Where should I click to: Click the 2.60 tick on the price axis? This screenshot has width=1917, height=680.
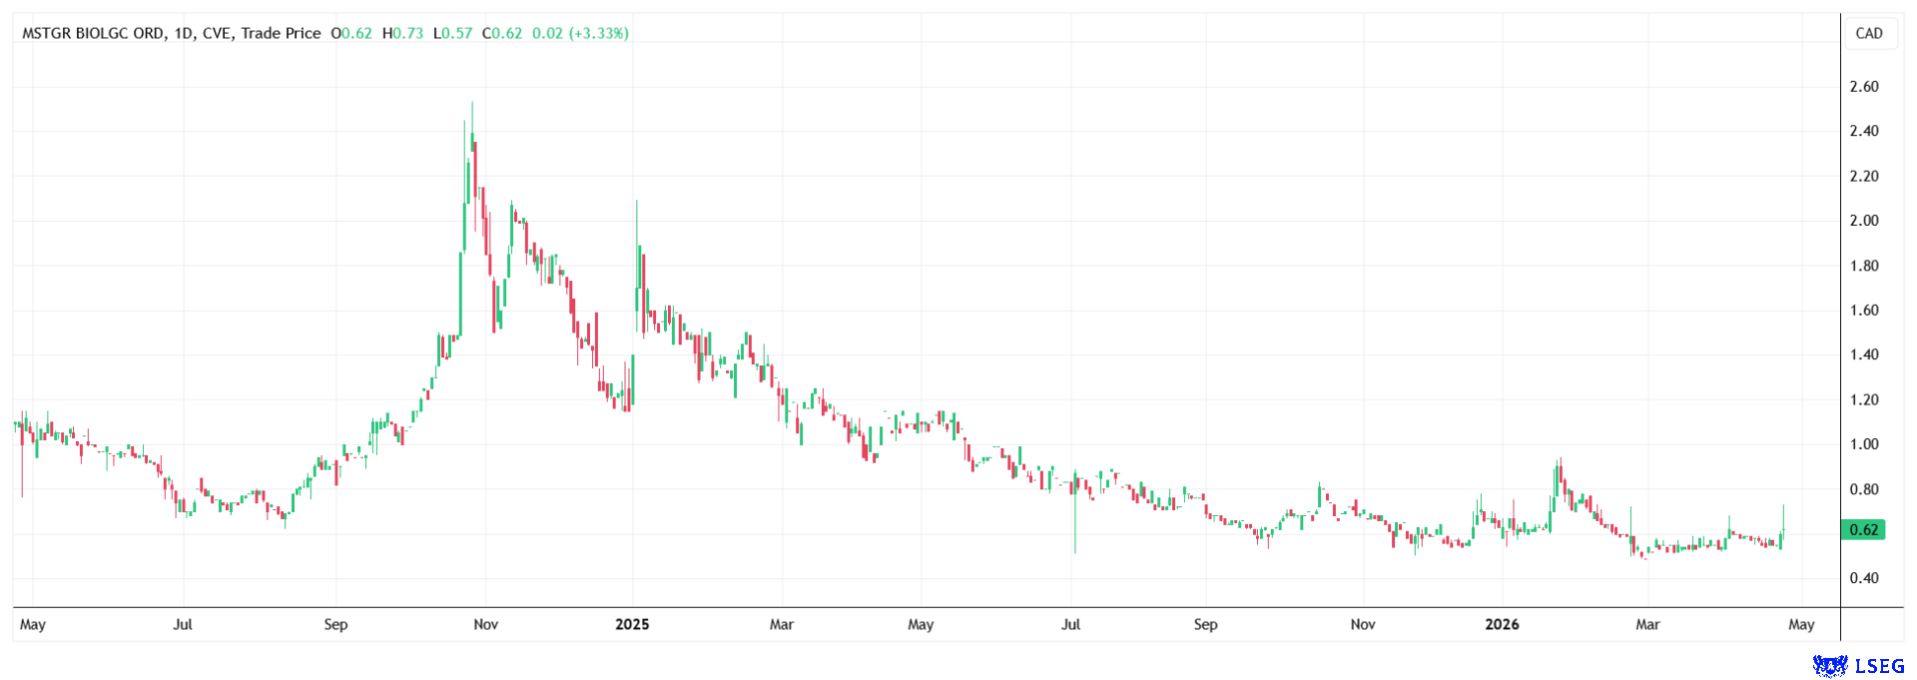pos(1863,87)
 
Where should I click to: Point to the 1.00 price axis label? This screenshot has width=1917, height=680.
pos(1863,444)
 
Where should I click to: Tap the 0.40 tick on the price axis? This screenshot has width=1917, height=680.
pos(1863,578)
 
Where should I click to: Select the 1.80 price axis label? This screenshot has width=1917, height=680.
pos(1863,266)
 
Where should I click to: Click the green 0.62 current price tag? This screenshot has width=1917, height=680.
pos(1863,530)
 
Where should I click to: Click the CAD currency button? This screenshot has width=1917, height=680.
pos(1868,33)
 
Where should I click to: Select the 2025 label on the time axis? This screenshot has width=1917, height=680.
pos(632,624)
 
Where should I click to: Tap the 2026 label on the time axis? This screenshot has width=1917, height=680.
pos(1502,624)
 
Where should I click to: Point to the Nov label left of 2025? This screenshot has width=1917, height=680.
pos(486,624)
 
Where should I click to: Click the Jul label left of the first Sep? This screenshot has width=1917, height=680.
pos(183,624)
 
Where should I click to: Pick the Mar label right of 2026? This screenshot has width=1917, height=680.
pos(1647,624)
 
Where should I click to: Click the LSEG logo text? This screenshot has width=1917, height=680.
pos(1877,665)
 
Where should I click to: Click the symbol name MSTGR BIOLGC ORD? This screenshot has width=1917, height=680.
pos(94,33)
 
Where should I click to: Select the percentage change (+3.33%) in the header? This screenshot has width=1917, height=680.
pos(598,33)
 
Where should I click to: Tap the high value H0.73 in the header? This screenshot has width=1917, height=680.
pos(402,33)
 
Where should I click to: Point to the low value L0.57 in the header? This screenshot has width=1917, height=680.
pos(452,33)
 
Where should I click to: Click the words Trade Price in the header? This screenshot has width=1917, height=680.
pos(281,33)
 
